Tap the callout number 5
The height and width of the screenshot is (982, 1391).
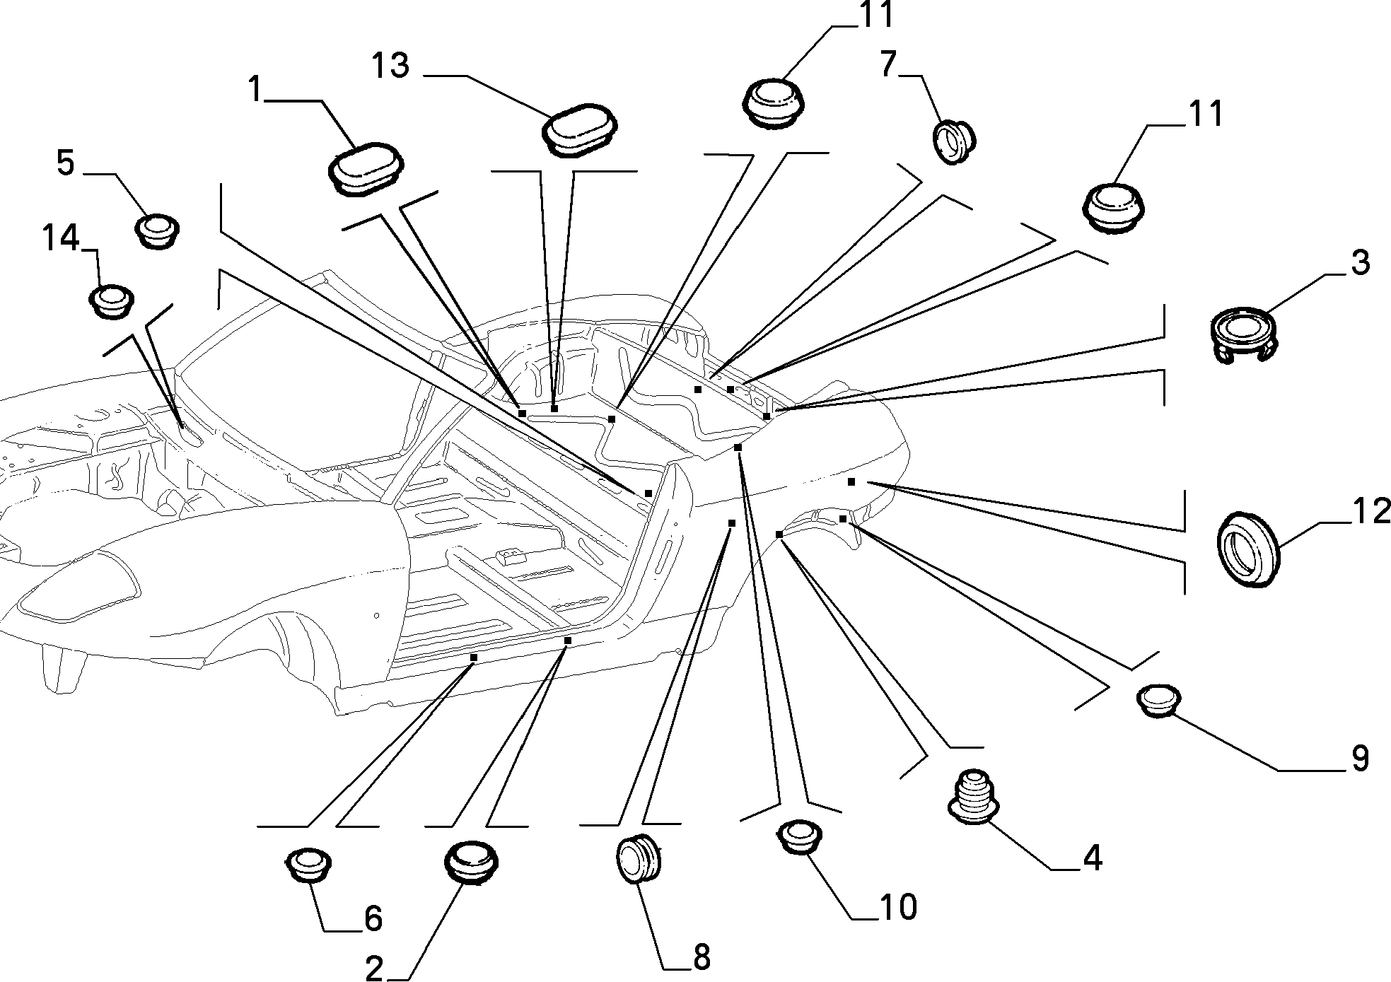click(65, 163)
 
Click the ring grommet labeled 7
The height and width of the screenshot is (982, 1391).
click(954, 141)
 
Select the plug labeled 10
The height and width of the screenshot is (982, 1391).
click(800, 837)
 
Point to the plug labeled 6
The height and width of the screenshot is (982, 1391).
click(308, 865)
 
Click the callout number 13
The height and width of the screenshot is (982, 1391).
click(390, 65)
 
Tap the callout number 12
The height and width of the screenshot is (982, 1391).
click(1370, 511)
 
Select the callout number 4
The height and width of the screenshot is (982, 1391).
click(1093, 858)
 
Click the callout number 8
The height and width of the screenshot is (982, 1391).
click(700, 957)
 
